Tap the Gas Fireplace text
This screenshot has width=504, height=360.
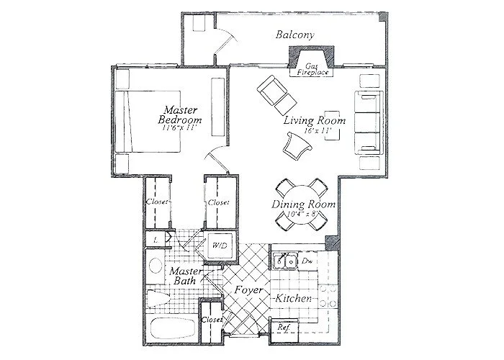(x=310, y=69)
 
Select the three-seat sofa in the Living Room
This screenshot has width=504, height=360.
(x=366, y=122)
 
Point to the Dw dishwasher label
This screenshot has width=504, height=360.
(x=306, y=261)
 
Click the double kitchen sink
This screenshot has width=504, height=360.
(x=286, y=261)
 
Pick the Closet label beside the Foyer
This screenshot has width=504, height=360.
(x=211, y=319)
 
